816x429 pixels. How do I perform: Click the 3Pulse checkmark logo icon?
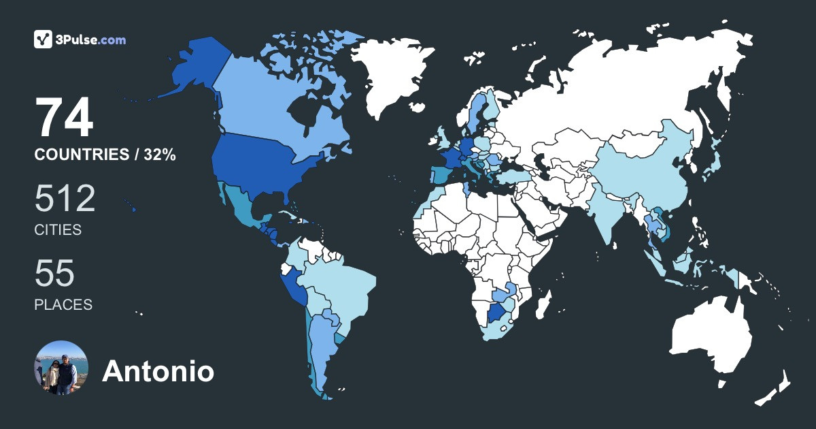[44, 39]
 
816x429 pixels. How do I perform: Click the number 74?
[64, 118]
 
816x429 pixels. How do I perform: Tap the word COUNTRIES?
[81, 155]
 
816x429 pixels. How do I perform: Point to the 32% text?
[159, 155]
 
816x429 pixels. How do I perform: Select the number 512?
[65, 199]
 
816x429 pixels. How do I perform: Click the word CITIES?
[58, 230]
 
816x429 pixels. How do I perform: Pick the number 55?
[54, 274]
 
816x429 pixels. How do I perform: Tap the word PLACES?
[63, 304]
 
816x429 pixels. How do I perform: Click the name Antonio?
[158, 371]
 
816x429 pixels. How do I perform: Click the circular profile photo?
[61, 368]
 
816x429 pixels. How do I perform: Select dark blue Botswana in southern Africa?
[498, 315]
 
